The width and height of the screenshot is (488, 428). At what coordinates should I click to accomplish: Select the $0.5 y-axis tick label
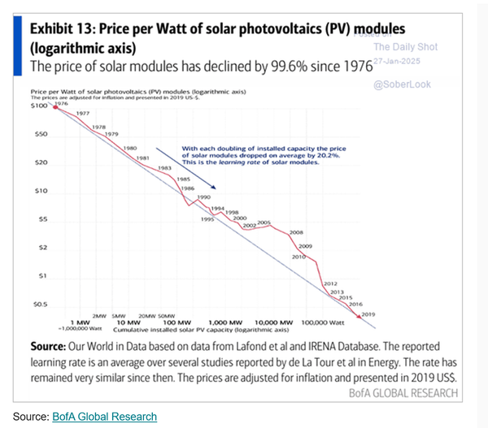coord(41,305)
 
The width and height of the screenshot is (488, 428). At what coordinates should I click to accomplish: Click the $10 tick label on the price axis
coord(44,191)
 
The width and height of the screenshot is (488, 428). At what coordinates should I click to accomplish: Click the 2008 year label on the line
coord(296,231)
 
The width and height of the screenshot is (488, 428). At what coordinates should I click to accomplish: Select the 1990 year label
coord(204,197)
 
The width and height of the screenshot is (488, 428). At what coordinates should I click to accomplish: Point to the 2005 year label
coord(264,223)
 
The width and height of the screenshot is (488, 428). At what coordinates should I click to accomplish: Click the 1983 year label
coord(164,167)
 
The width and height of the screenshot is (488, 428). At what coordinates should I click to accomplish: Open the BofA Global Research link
coord(104,417)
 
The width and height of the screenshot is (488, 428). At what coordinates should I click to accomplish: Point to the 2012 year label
coord(330,283)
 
